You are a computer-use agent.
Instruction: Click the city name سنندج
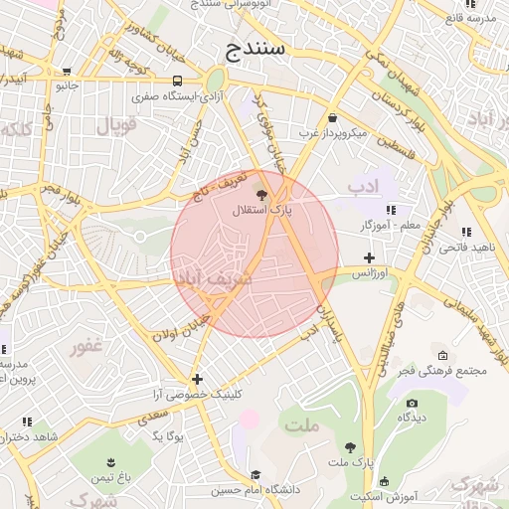pos(256,48)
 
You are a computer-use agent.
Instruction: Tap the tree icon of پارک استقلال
pos(261,195)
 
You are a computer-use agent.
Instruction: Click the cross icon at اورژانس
pos(369,257)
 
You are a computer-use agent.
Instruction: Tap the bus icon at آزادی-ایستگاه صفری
pos(177,81)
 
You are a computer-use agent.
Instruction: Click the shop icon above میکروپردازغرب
pos(332,117)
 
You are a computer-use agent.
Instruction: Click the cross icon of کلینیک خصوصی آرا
pos(198,379)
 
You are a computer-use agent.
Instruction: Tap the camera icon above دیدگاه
pos(412,403)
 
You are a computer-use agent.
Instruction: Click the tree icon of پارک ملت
pos(349,448)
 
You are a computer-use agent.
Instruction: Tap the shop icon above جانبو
pos(67,72)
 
